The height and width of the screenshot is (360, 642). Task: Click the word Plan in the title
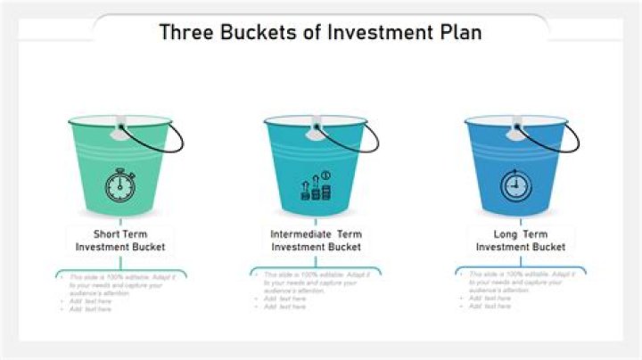pos(459,32)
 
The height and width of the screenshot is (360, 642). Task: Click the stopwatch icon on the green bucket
pos(119,184)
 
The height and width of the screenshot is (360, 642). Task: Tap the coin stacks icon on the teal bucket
pos(317,186)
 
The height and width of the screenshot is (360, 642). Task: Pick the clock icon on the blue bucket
pos(514,186)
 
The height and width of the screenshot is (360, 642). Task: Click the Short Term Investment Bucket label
pos(120,240)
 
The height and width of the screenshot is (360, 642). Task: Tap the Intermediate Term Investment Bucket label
pos(317,240)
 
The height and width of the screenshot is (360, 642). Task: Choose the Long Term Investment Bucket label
pos(520,240)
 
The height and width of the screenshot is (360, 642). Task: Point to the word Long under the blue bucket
pos(505,233)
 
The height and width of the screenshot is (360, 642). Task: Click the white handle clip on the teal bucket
pos(315,130)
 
